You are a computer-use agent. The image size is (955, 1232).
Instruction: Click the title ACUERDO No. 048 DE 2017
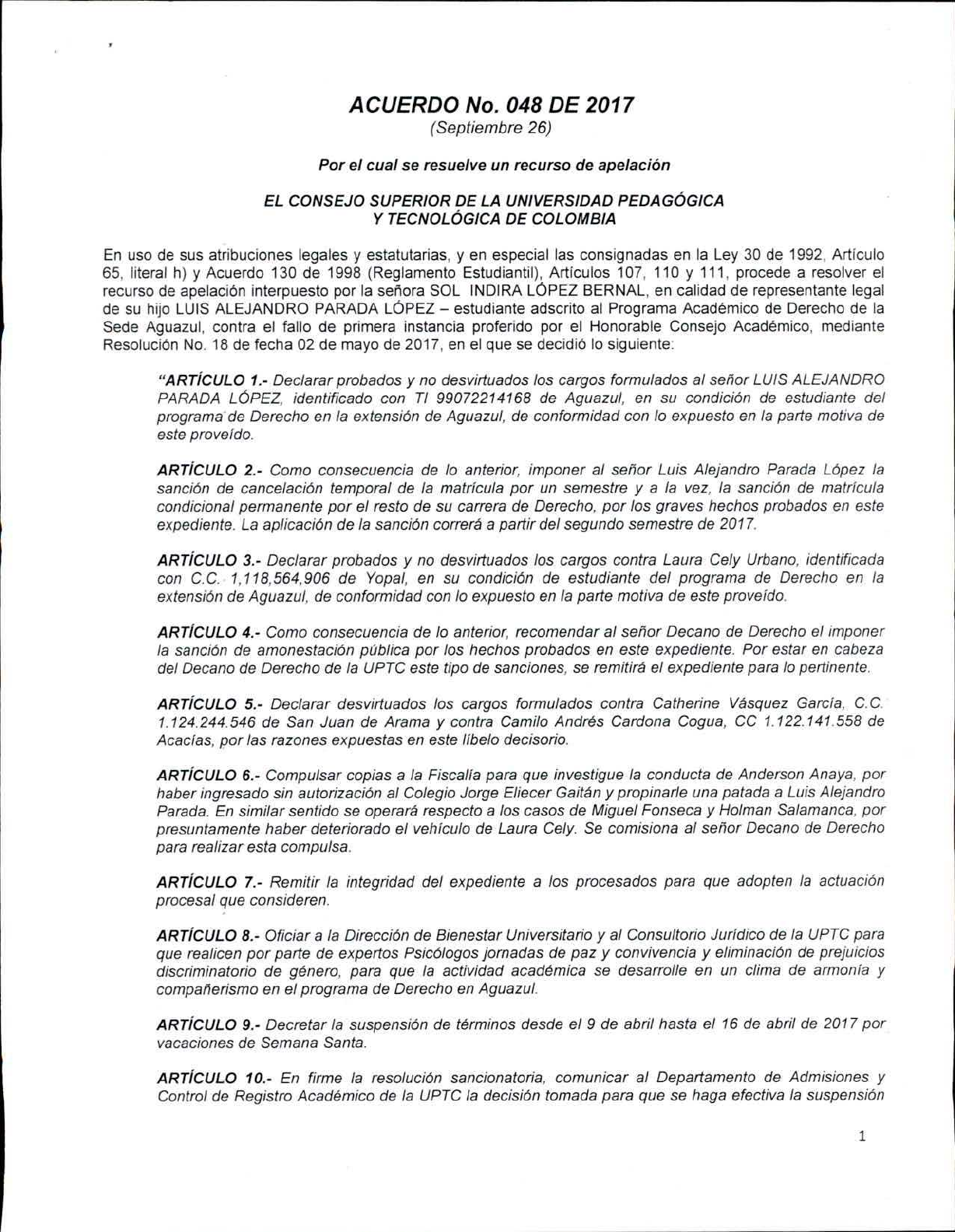pos(491,105)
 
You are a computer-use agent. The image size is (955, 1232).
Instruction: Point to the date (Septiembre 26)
pos(491,128)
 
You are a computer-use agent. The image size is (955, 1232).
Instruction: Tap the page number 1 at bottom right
pos(862,1136)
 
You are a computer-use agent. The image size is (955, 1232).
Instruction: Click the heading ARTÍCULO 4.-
pos(210,632)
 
